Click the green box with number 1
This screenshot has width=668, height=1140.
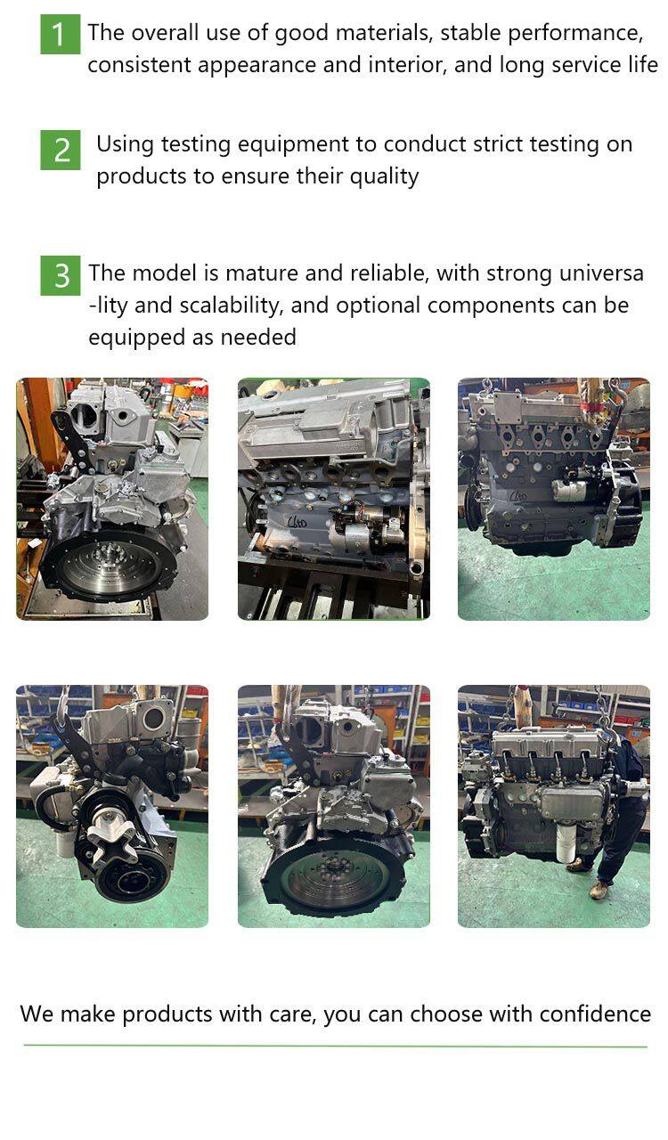click(60, 34)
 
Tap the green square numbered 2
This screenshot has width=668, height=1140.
click(60, 150)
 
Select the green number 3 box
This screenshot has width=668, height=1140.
click(60, 275)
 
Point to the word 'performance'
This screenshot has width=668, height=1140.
click(575, 34)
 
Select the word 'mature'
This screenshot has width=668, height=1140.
click(262, 273)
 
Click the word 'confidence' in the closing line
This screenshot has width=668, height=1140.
click(595, 1014)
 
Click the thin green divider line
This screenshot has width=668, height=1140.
click(335, 1046)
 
